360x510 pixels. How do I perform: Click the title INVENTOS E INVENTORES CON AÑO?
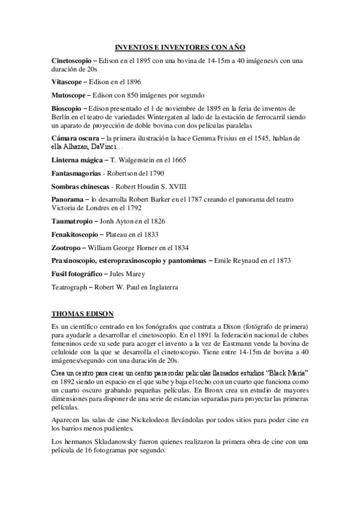(x=180, y=46)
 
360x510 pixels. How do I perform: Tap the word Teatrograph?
(x=70, y=287)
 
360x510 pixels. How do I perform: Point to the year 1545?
(x=246, y=139)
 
